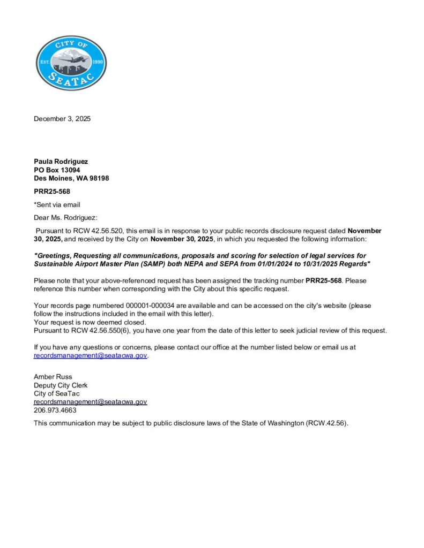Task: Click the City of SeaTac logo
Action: point(71,63)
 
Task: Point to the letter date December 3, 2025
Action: point(62,119)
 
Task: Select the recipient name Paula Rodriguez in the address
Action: point(61,162)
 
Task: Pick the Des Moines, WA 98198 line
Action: point(71,178)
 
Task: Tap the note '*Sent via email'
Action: point(57,204)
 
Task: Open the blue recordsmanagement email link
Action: point(90,355)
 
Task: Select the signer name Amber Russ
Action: point(53,377)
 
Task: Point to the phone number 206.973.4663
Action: point(55,410)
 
